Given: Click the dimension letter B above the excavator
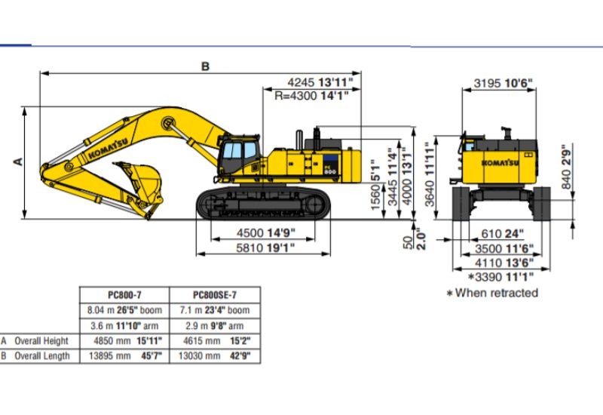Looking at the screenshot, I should (204, 66).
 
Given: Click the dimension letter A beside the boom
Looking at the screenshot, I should (19, 161).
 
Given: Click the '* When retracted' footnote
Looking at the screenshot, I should (492, 293).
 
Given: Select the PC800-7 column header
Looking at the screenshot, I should (127, 295).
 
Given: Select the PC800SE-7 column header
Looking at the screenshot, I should (215, 295).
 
